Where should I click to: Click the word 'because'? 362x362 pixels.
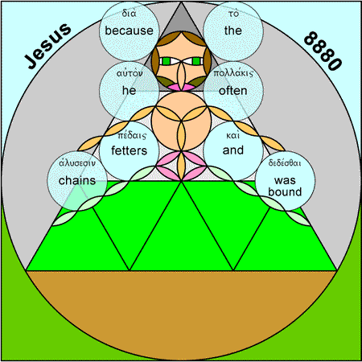pyautogui.click(x=129, y=31)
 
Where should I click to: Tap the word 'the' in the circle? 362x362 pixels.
pyautogui.click(x=233, y=31)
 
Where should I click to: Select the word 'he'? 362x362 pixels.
pyautogui.click(x=129, y=90)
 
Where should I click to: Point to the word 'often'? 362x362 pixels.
pyautogui.click(x=232, y=91)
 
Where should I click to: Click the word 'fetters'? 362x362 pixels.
pyautogui.click(x=129, y=150)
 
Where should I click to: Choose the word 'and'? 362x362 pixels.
pyautogui.click(x=233, y=150)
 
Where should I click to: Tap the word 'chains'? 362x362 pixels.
pyautogui.click(x=77, y=180)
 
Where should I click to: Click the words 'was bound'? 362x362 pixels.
pyautogui.click(x=285, y=186)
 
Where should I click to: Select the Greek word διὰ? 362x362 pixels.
pyautogui.click(x=129, y=13)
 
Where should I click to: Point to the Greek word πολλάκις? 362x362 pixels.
pyautogui.click(x=233, y=73)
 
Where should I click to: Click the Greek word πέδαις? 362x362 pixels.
pyautogui.click(x=132, y=135)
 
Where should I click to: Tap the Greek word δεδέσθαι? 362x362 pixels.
pyautogui.click(x=285, y=162)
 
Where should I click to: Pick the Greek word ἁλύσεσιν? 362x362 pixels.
pyautogui.click(x=77, y=162)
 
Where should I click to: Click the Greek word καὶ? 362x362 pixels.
pyautogui.click(x=232, y=135)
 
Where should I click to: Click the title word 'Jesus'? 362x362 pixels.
pyautogui.click(x=47, y=46)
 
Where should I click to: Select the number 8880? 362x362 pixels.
pyautogui.click(x=323, y=51)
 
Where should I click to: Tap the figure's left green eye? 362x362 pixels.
pyautogui.click(x=167, y=61)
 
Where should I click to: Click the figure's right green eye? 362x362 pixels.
pyautogui.click(x=196, y=61)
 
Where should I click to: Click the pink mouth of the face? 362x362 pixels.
pyautogui.click(x=181, y=87)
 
